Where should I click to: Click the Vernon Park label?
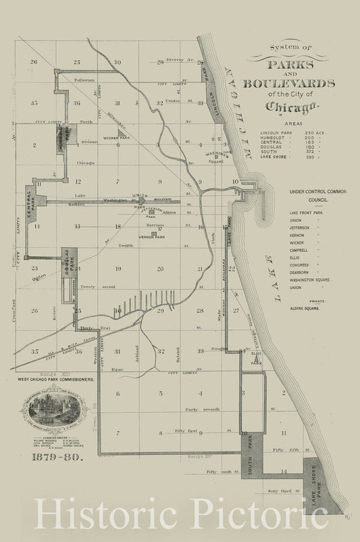152,237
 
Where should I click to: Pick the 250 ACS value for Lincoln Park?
315,132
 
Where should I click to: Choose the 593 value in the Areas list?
310,158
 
